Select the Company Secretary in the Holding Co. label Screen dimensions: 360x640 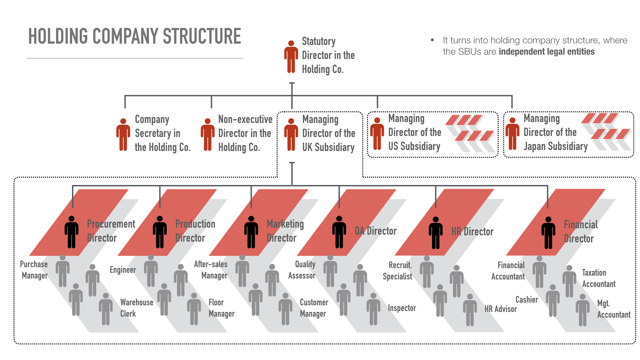pos(162,133)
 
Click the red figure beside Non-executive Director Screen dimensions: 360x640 pos(207,135)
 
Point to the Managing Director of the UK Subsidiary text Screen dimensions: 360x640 pos(328,133)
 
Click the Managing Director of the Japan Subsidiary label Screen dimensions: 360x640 pos(555,132)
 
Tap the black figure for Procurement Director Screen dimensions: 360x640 pos(71,232)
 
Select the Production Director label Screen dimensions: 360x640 pos(195,231)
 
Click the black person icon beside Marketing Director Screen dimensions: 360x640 pos(251,232)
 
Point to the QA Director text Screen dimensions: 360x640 pos(376,231)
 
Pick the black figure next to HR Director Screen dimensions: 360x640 pos(436,233)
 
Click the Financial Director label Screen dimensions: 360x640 pos(580,231)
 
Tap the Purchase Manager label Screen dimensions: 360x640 pos(34,270)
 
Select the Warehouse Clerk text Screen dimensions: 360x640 pos(137,308)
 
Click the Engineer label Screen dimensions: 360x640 pos(123,270)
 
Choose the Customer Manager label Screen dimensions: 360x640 pos(314,308)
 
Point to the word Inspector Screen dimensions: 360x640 pos(402,308)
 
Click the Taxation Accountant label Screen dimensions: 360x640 pos(599,278)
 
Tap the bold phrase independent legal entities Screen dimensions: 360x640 pos(546,52)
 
